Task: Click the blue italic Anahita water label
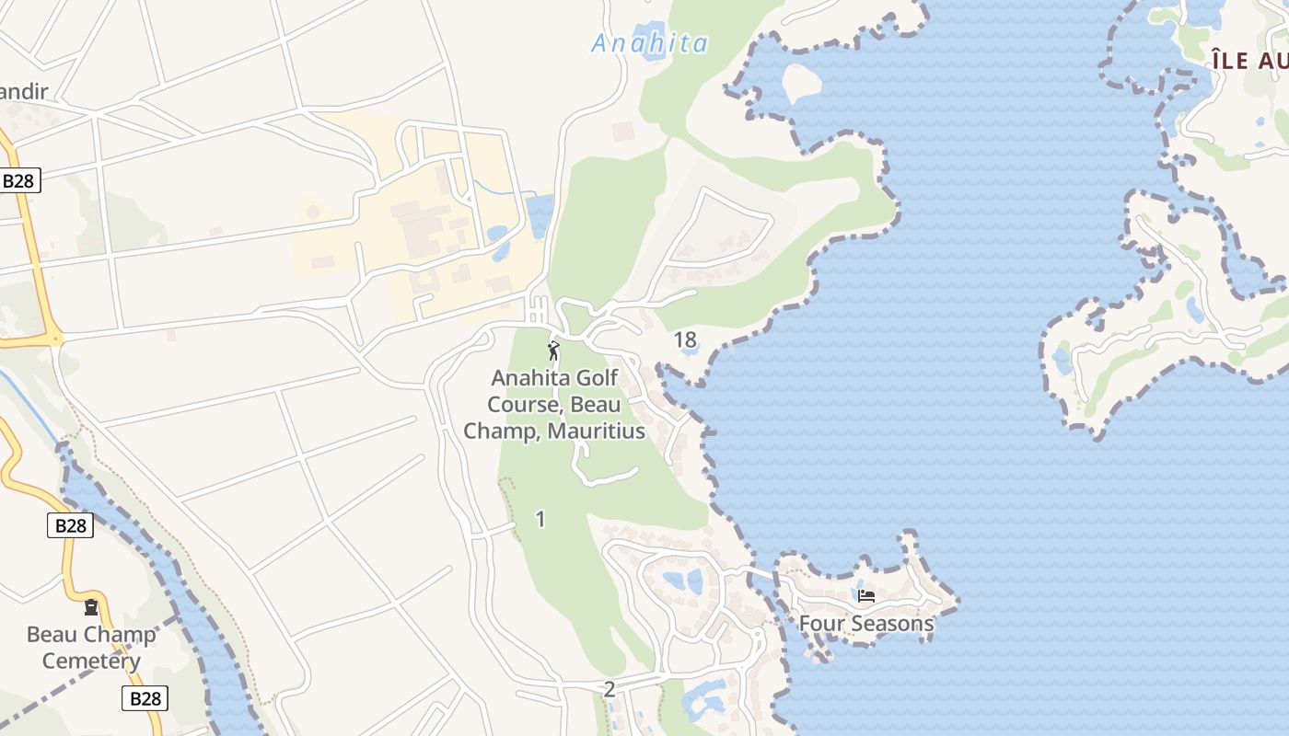coord(650,43)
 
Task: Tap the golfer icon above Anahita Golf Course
coord(553,351)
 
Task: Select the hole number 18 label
coord(685,340)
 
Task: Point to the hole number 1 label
coord(540,520)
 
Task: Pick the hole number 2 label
coord(609,689)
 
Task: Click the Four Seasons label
coord(865,624)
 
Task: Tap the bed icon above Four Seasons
coord(865,596)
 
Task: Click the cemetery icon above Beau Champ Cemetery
coord(91,607)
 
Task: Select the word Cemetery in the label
coord(91,661)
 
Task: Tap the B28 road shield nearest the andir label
coord(18,180)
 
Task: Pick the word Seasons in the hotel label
coord(892,624)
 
